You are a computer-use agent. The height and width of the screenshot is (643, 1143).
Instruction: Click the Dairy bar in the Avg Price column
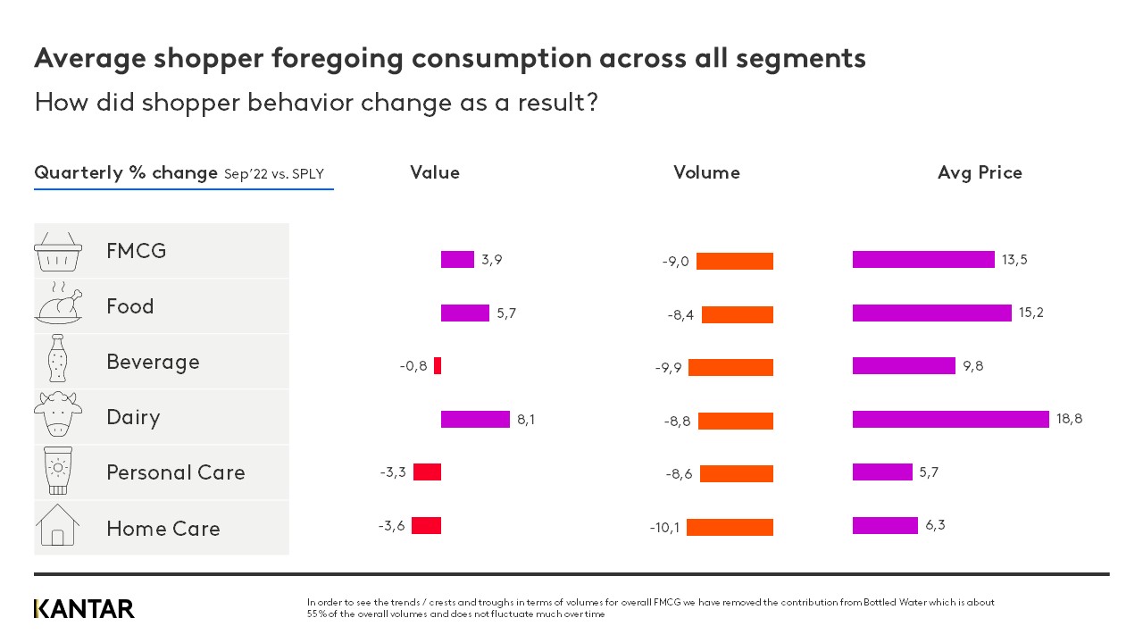950,419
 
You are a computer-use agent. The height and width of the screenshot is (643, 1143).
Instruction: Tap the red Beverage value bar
438,365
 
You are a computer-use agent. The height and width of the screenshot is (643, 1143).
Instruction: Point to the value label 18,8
1069,419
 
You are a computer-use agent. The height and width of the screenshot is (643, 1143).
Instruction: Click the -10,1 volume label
664,528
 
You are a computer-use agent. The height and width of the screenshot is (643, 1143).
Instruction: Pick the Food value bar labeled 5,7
465,313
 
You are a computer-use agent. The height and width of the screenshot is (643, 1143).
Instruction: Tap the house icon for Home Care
58,525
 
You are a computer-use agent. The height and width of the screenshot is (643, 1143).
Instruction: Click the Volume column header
706,172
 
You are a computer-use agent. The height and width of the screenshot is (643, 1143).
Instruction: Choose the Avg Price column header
980,172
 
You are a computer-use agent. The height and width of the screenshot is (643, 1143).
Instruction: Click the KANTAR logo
84,609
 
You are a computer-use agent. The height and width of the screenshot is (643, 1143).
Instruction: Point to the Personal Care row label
175,472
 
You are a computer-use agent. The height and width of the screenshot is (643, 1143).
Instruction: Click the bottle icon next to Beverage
58,361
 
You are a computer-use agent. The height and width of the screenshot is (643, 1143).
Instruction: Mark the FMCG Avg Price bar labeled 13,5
923,259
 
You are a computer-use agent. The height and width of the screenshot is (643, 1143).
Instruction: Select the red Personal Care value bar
427,472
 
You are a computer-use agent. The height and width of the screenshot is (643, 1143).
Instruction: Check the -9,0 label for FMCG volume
675,262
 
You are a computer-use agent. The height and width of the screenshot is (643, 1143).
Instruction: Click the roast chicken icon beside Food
58,305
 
